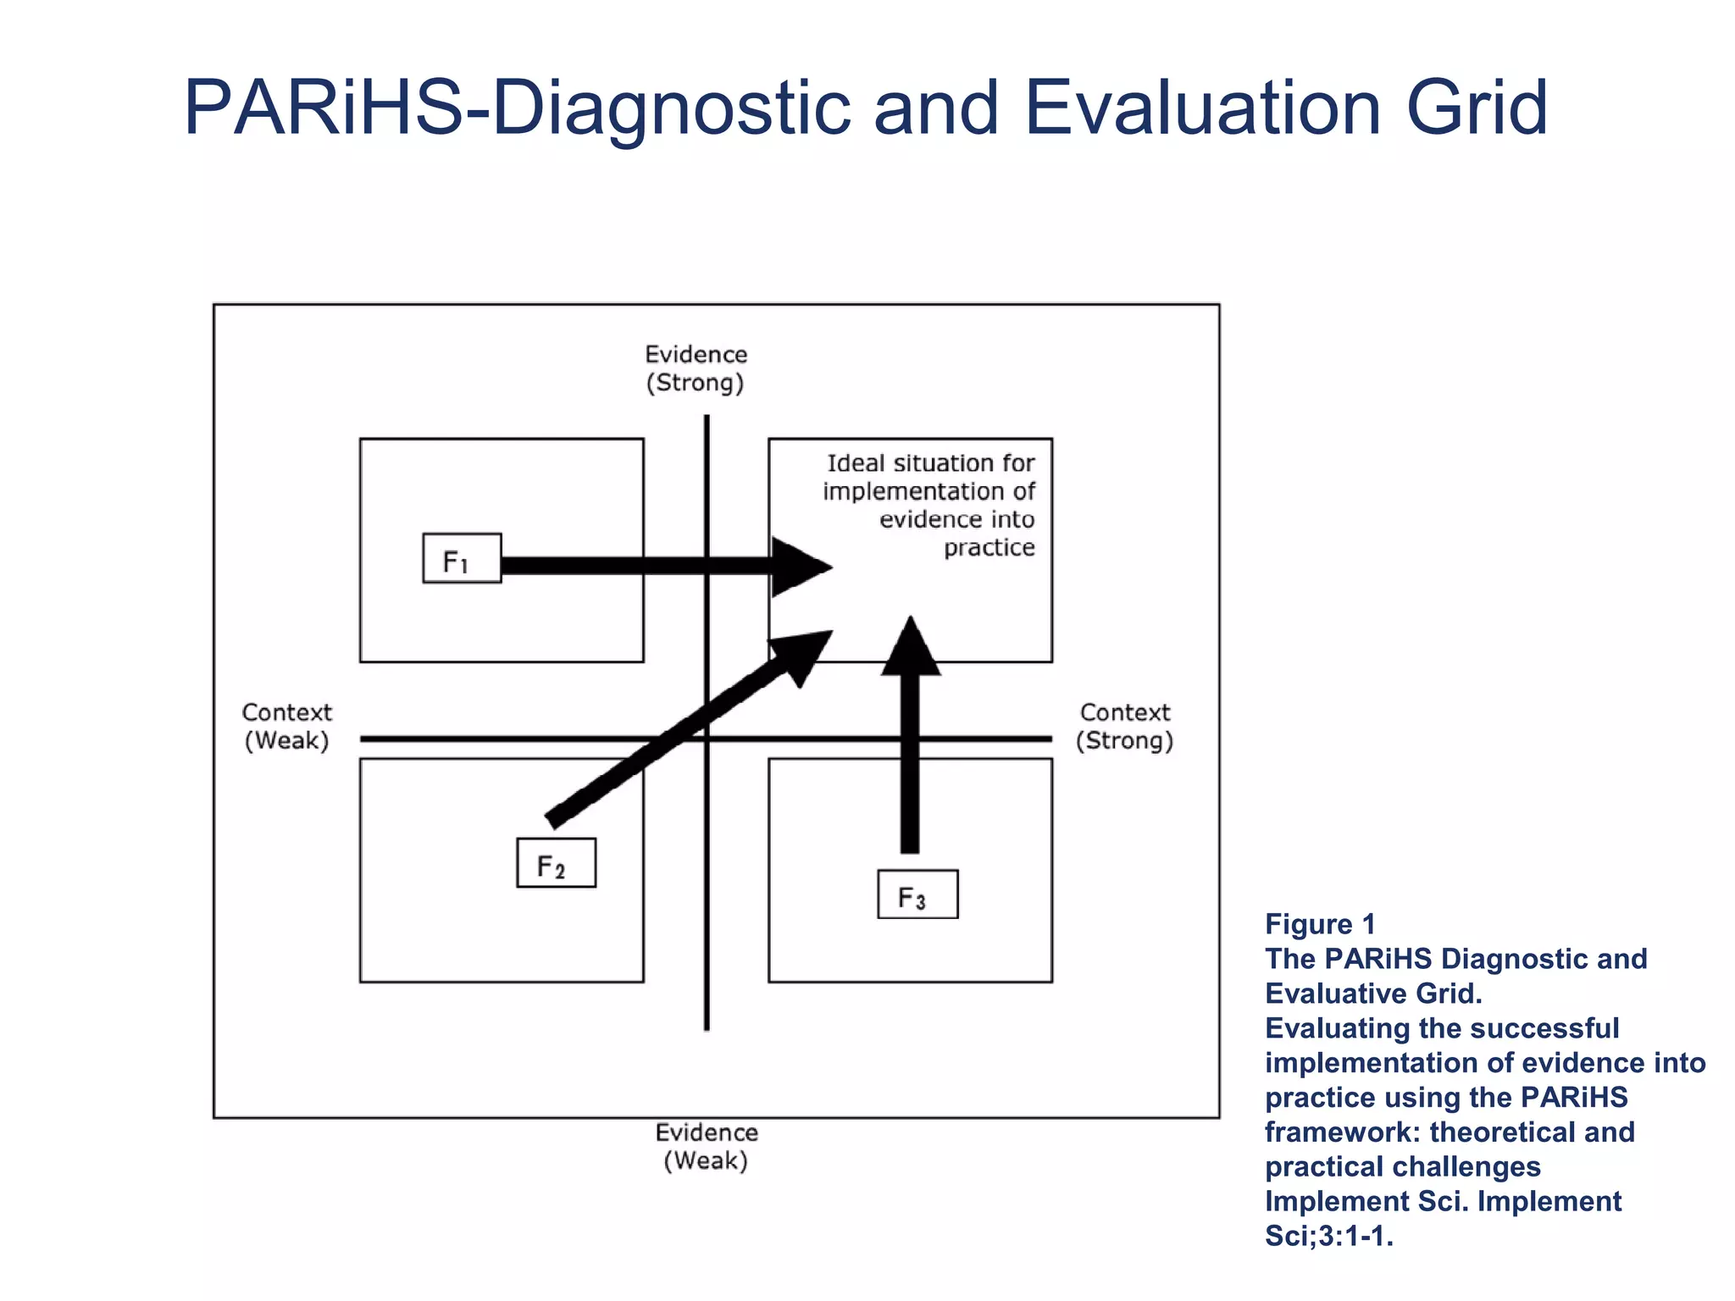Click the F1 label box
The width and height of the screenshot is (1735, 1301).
pyautogui.click(x=462, y=558)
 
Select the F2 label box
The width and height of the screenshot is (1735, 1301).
pyautogui.click(x=556, y=863)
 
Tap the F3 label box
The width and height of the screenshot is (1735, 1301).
pyautogui.click(x=917, y=894)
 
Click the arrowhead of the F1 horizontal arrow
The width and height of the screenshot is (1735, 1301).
pyautogui.click(x=801, y=567)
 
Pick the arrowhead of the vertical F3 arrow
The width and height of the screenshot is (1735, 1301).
pyautogui.click(x=911, y=648)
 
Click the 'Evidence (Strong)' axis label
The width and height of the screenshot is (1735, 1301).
pyautogui.click(x=696, y=368)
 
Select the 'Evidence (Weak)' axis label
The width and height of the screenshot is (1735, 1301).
pyautogui.click(x=707, y=1146)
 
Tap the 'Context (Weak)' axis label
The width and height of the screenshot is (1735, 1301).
pyautogui.click(x=287, y=727)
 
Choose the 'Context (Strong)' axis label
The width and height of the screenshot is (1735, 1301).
pyautogui.click(x=1125, y=727)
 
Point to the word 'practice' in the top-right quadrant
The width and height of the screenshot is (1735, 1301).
pyautogui.click(x=989, y=547)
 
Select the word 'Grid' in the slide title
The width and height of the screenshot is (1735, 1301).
pyautogui.click(x=1477, y=108)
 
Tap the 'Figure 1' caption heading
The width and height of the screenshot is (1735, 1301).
pyautogui.click(x=1320, y=924)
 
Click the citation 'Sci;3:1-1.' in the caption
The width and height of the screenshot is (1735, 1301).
pyautogui.click(x=1328, y=1236)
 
